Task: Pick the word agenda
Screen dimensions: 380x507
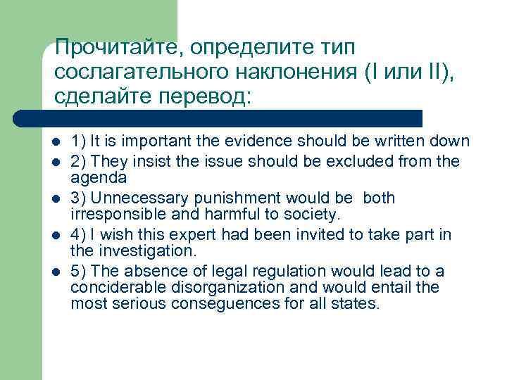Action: [99, 178]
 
